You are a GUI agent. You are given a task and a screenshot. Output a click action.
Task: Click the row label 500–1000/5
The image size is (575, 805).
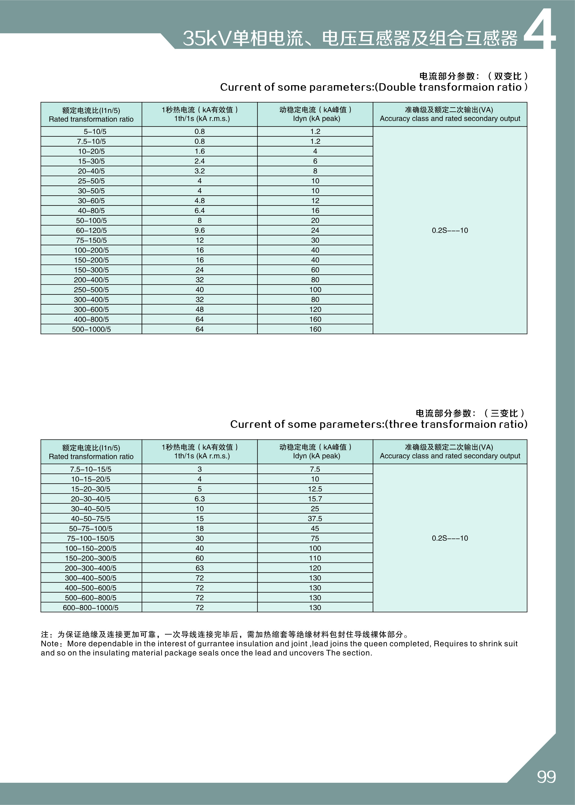coord(91,329)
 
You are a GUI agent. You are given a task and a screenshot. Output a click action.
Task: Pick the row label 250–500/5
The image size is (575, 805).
coord(91,289)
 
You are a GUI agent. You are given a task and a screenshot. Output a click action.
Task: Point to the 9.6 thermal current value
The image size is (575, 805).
coord(200,230)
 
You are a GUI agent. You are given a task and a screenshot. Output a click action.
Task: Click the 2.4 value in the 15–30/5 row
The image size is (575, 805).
coord(200,161)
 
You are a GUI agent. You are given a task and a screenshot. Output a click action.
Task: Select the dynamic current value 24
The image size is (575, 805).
coord(315,230)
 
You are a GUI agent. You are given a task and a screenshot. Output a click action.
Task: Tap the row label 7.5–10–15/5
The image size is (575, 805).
coord(91,469)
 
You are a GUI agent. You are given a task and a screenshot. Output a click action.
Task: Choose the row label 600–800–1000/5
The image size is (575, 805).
coord(91,608)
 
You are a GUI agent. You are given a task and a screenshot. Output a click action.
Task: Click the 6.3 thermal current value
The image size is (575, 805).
coord(200,499)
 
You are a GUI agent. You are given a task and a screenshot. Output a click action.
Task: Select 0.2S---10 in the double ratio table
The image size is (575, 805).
coord(450,230)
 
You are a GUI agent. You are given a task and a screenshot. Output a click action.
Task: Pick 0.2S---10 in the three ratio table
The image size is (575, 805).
coord(450,538)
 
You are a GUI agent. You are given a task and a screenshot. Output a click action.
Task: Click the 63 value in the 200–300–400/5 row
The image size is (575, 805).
coord(200,568)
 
